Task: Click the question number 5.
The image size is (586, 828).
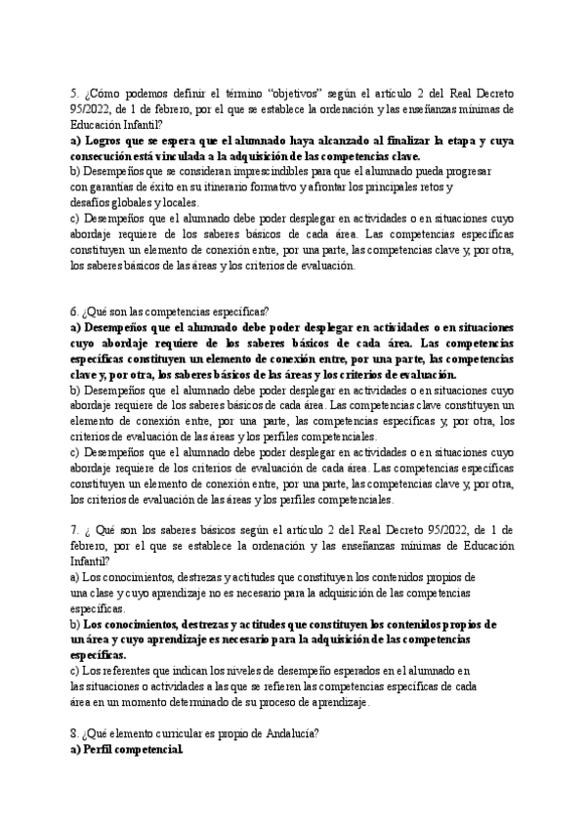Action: [x=73, y=93]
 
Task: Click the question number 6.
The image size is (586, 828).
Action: [x=73, y=310]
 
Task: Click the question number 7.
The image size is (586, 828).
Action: [x=73, y=529]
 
